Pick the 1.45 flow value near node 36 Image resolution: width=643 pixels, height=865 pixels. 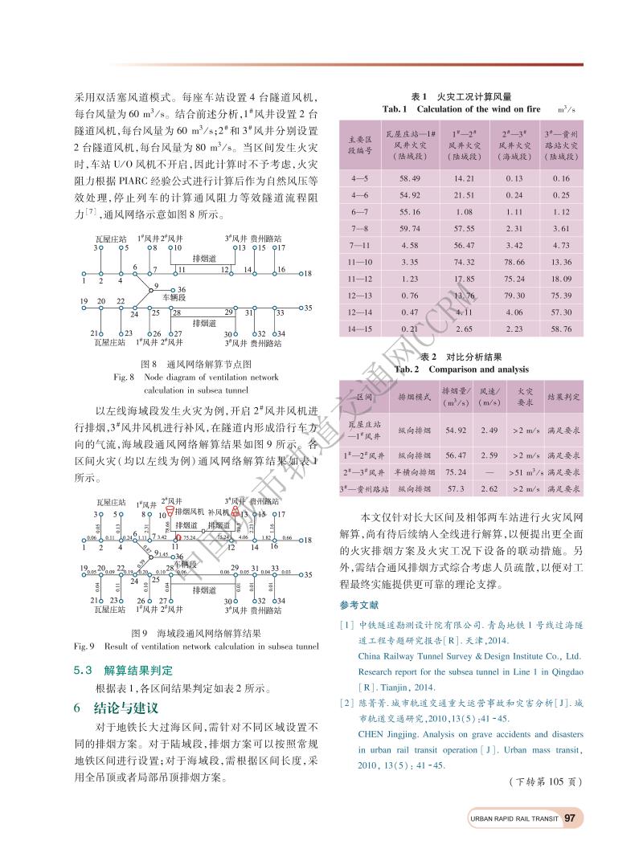pos(163,554)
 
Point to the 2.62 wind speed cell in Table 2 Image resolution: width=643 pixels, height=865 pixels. pos(489,488)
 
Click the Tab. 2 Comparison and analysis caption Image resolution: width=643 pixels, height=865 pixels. pos(461,369)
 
